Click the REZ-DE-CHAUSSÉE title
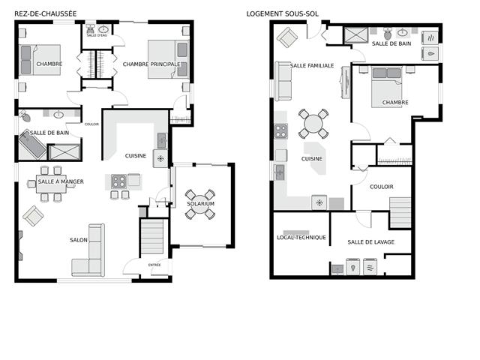coord(45,13)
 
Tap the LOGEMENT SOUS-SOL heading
coord(282,13)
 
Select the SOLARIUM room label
coord(200,203)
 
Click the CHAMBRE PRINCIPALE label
coord(151,64)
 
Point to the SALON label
coord(79,240)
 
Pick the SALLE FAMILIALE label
coord(312,65)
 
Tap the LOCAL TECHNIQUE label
coord(301,237)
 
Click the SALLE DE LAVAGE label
coord(370,242)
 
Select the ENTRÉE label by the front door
coord(154,265)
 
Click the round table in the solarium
coord(200,204)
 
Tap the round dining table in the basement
coord(313,124)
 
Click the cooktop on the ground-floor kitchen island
coord(118,181)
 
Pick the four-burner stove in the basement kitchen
coord(280,131)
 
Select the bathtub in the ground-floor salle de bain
coord(31,145)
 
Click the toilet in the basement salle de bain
coord(388,34)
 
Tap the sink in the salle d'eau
coord(103,30)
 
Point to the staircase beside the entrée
coord(151,237)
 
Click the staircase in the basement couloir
coord(400,212)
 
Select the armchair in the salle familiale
coord(286,37)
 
